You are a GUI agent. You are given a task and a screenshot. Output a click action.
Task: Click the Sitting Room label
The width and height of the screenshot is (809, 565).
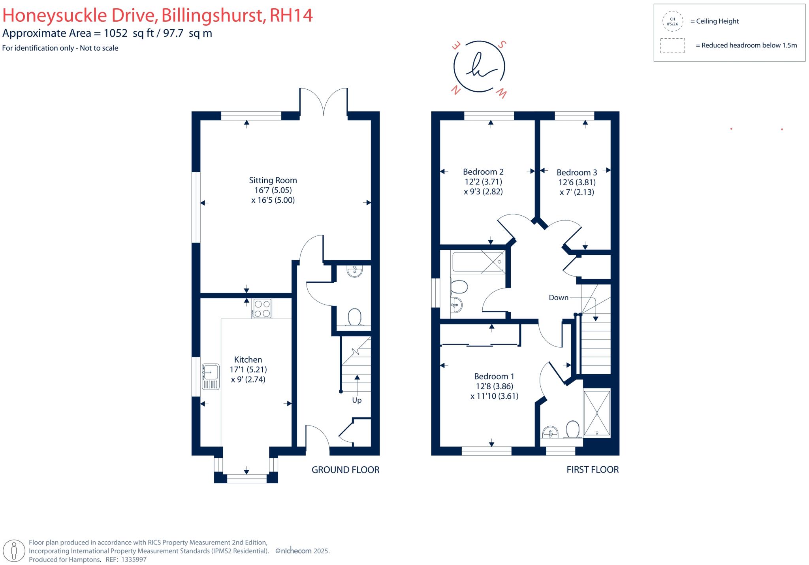[x=273, y=180]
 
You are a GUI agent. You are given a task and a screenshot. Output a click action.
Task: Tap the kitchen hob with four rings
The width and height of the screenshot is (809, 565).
[x=262, y=308]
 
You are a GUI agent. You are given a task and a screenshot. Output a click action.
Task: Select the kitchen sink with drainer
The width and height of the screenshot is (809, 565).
[x=211, y=377]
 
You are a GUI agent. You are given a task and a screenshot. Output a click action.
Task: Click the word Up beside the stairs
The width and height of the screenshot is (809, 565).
[x=357, y=400]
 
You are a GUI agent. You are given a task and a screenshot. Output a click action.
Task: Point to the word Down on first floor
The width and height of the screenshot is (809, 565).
[x=558, y=298]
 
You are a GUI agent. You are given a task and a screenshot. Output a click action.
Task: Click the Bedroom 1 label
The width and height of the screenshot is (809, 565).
[x=494, y=376]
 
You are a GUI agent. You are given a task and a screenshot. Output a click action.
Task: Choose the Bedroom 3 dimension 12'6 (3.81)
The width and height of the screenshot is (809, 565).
[x=577, y=182]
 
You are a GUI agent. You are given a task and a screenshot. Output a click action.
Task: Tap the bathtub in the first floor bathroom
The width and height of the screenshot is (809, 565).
[x=478, y=261]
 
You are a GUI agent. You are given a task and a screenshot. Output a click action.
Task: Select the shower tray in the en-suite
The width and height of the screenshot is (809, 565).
[x=597, y=413]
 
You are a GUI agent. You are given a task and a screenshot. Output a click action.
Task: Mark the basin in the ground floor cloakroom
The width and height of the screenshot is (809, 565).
[x=354, y=271]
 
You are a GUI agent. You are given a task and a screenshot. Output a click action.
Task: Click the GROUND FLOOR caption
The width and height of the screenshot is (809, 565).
[x=345, y=470]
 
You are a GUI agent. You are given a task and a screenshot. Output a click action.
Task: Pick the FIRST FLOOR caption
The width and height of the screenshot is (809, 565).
[x=593, y=469]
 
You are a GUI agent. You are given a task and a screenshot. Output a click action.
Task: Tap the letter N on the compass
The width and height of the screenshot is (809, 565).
[x=456, y=90]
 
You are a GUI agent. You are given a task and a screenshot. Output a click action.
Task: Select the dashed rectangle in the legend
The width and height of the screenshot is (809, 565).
[x=672, y=45]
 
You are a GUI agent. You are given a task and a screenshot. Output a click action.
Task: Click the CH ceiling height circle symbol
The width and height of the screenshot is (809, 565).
[x=672, y=21]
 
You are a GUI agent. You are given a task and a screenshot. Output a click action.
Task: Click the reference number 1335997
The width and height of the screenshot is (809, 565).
[x=134, y=559]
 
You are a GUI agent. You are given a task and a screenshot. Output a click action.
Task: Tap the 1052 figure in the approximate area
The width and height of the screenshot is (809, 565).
[x=116, y=33]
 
